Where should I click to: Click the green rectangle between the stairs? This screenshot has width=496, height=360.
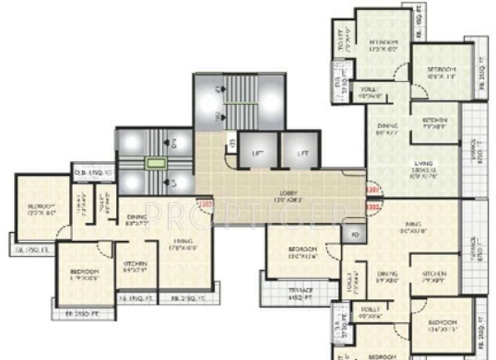[x=156, y=163]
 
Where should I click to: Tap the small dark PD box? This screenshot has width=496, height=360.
[x=354, y=234]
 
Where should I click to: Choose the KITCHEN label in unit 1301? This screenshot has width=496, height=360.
[x=434, y=121]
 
